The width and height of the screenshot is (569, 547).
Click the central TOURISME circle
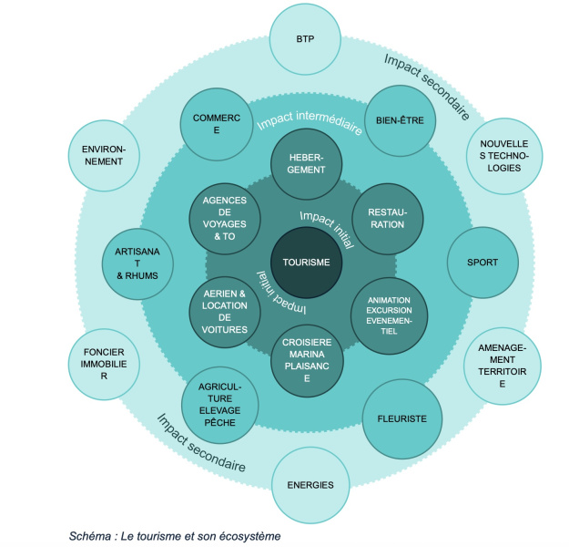point(306,262)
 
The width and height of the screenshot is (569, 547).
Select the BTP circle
point(305,39)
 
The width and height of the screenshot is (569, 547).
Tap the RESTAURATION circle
point(388,218)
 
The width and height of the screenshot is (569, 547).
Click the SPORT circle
point(482,263)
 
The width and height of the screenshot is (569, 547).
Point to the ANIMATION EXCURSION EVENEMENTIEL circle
point(388,315)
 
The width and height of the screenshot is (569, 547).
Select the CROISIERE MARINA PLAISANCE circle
point(307,360)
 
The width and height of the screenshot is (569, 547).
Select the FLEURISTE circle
point(401,418)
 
